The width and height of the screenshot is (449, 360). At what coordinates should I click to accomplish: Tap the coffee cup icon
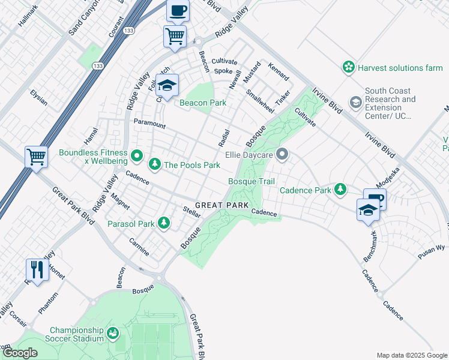(178, 10)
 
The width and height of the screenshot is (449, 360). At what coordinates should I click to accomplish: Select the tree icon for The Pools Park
(155, 164)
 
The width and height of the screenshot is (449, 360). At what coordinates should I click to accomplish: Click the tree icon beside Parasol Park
(163, 224)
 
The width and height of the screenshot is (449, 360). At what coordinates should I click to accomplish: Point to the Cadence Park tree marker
(341, 190)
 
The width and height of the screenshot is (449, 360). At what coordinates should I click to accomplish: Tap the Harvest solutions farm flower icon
(348, 68)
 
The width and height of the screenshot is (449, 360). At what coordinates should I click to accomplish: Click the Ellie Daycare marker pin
(282, 155)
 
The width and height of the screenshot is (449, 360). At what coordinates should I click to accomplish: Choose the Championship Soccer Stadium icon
(112, 333)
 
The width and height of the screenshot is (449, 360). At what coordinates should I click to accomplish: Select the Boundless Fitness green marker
(137, 157)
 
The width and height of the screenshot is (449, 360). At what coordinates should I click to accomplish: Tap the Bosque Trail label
(251, 181)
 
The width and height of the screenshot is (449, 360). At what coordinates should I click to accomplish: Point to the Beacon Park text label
(203, 103)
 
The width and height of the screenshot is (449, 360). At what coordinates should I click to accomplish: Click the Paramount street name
(149, 124)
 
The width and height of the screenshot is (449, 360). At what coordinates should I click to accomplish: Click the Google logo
(20, 353)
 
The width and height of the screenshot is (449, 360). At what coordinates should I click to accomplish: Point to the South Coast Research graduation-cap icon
(356, 103)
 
